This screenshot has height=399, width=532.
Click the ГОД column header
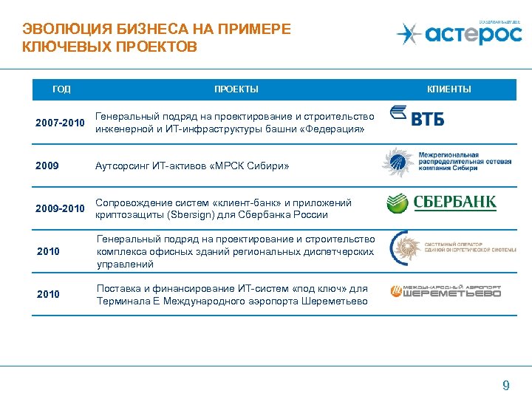coord(62,89)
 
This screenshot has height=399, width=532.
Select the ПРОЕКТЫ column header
coord(236,89)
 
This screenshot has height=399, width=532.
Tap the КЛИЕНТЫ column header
coord(449,89)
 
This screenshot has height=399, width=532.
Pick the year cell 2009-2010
coord(60,209)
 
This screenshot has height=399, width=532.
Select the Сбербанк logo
coord(442,203)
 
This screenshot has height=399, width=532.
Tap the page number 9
coord(505,385)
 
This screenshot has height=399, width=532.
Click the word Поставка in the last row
coord(117,288)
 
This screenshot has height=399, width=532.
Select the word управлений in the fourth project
coord(125,264)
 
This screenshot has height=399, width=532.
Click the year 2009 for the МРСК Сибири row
coord(47,166)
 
